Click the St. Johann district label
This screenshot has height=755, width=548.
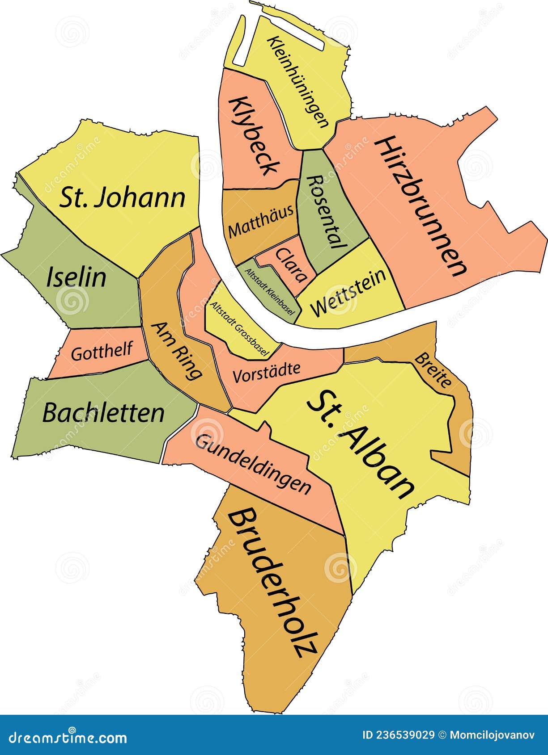(x=122, y=198)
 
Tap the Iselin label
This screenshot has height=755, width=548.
(x=76, y=277)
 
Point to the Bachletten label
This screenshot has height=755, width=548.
(x=103, y=413)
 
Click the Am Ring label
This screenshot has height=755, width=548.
(x=177, y=351)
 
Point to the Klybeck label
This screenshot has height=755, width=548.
(x=254, y=136)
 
